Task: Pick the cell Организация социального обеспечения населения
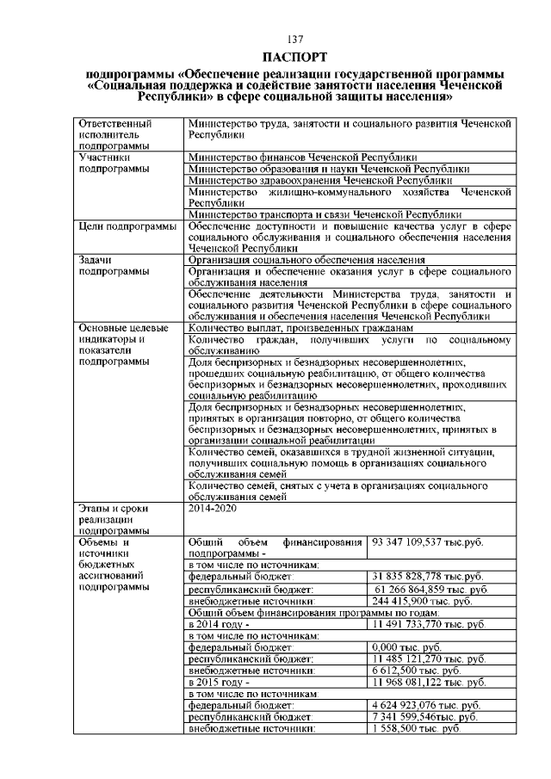(x=306, y=260)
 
